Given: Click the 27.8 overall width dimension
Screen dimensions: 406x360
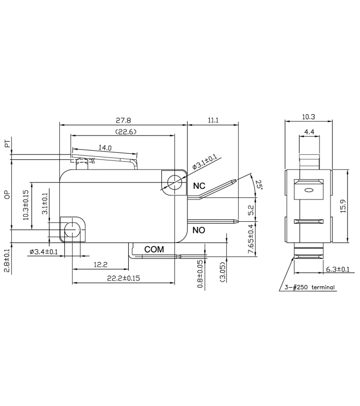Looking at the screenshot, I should tap(123, 121).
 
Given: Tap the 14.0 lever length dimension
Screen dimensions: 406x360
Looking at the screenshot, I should tap(105, 148).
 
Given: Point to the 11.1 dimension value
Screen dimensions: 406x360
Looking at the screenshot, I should tap(213, 121).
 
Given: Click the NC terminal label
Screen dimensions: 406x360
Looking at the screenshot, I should tap(199, 186).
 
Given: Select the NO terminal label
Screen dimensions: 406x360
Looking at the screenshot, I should tap(199, 230).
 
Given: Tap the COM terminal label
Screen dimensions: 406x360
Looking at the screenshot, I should tap(154, 249).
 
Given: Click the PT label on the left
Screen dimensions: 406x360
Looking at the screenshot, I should tap(7, 145).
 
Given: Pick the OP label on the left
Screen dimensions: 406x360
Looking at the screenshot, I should tap(7, 195).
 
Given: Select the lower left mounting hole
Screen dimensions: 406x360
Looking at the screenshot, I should tap(73, 230).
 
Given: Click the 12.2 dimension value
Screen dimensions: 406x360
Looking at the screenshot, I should tap(100, 265).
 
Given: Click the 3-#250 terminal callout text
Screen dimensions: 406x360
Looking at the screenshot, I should tap(310, 288).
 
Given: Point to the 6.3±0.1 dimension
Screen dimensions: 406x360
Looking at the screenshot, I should tap(337, 269).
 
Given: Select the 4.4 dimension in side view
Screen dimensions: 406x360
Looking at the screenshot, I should tap(309, 132).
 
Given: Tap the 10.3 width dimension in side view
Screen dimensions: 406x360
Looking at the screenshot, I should tap(308, 117).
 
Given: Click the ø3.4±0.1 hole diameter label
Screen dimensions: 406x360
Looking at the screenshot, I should tap(44, 252).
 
